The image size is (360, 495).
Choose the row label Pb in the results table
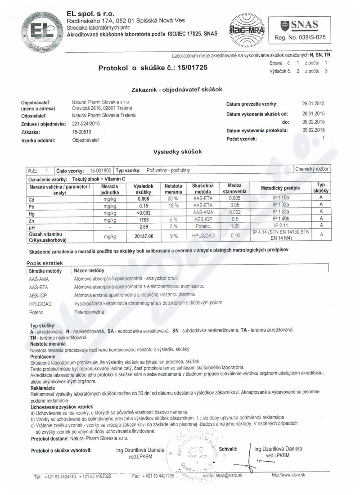coord(32,206)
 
